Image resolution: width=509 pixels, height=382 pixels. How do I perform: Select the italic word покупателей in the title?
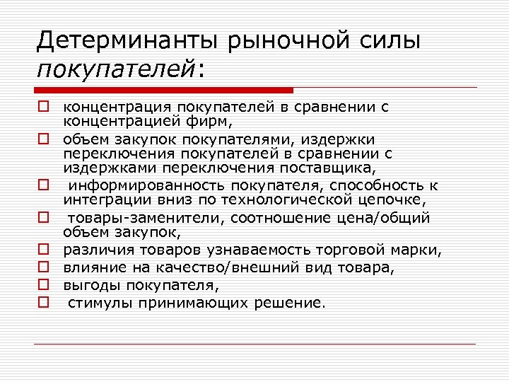coord(117,69)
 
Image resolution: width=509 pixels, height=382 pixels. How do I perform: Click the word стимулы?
coord(96,303)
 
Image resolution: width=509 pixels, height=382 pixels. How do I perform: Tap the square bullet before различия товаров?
coord(43,250)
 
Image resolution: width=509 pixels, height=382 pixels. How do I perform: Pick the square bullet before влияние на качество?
coord(43,267)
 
